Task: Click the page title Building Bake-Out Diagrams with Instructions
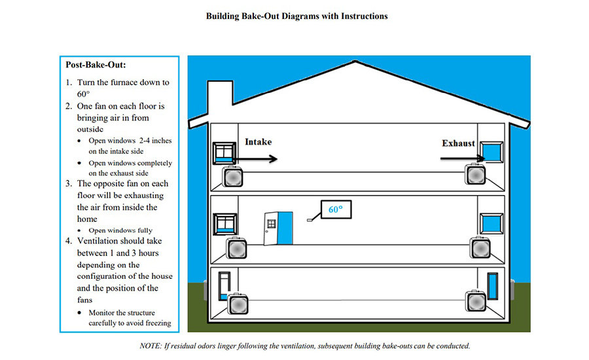coord(296,16)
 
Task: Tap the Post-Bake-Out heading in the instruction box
coord(96,65)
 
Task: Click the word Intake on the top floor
coord(258,141)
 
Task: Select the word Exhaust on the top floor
coord(458,143)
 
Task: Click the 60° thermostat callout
coord(335,210)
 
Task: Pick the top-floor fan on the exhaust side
coord(476,175)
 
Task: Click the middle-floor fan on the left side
coord(237,249)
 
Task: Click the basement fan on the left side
coord(236,302)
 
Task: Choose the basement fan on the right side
coord(476,302)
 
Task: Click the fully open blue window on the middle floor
coord(490,224)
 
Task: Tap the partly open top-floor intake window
coord(224,153)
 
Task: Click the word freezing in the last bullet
coord(154,323)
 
